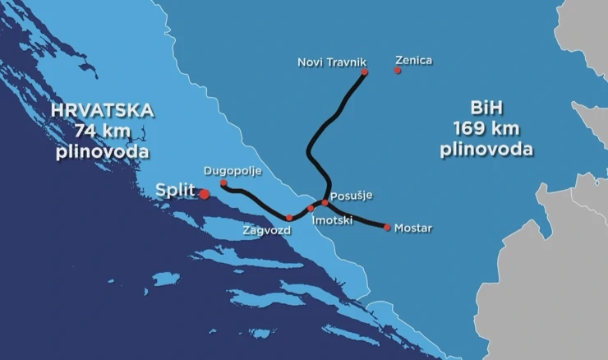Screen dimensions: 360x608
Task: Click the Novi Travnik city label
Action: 331,62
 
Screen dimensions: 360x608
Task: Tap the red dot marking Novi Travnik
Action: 365,72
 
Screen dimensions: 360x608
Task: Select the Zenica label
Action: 413,60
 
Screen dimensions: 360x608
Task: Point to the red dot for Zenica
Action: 398,71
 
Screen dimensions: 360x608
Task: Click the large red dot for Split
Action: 204,193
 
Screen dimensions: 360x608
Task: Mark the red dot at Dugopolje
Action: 223,183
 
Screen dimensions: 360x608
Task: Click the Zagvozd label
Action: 266,231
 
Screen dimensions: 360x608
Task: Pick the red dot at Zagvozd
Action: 289,218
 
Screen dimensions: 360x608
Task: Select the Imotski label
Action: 333,220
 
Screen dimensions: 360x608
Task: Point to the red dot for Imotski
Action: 311,208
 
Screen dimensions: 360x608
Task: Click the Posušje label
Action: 352,195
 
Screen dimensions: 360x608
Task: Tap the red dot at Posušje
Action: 325,201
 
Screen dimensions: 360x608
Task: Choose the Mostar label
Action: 412,228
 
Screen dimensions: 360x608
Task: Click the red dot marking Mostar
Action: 388,227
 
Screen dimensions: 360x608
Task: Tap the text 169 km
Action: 486,128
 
